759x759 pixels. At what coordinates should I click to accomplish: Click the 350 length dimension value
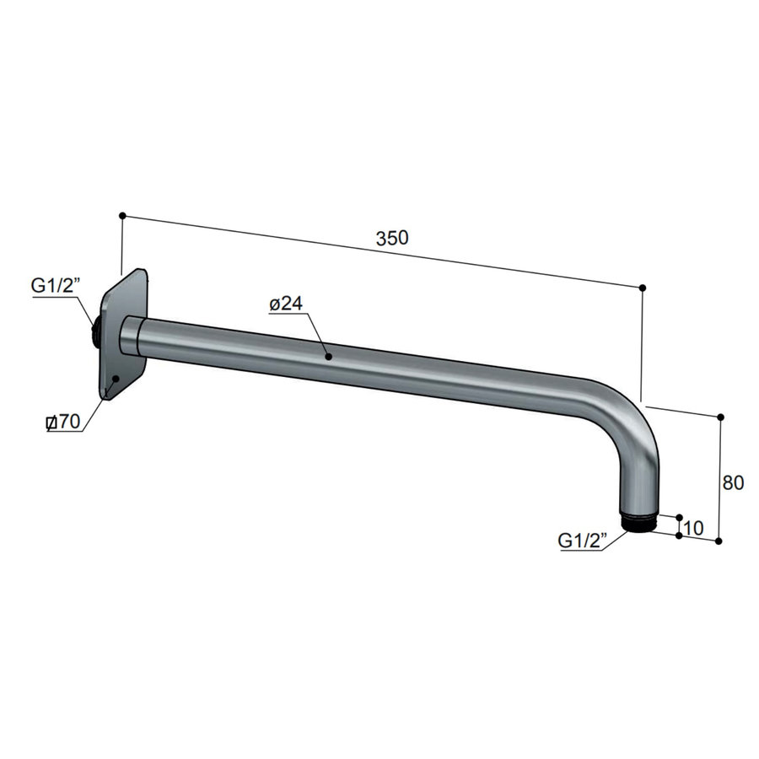tap(392, 238)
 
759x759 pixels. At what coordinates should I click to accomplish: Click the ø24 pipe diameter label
tap(287, 304)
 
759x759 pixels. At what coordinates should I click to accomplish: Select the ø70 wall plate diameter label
tap(63, 423)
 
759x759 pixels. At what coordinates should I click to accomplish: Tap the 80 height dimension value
tap(733, 483)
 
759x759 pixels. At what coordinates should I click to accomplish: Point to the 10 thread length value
tap(693, 528)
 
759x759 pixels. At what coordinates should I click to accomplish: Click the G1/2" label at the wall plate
tap(55, 287)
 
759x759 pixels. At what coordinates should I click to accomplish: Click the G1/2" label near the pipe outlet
tap(583, 541)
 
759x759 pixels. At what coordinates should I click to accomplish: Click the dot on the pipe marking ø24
tap(328, 357)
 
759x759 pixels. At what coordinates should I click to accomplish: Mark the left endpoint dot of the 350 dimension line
tap(122, 216)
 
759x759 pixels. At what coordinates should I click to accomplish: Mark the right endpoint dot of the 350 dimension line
tap(643, 288)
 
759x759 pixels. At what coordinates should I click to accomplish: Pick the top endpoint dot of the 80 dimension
tap(720, 417)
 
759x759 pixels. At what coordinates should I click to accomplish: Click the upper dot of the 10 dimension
tap(679, 517)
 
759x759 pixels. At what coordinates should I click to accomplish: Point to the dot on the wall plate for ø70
tap(114, 379)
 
